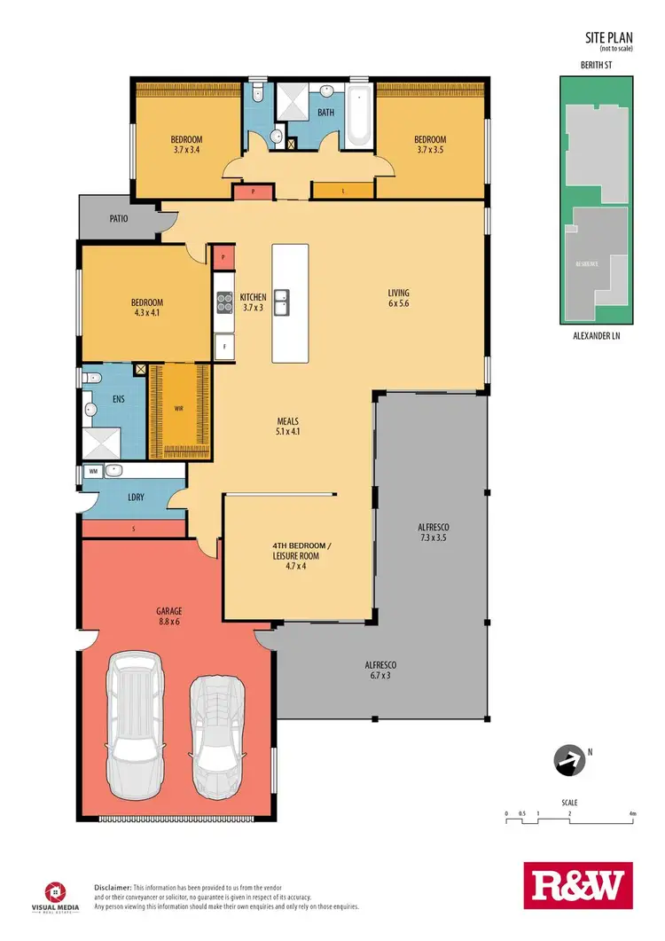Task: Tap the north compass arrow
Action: (x=568, y=759)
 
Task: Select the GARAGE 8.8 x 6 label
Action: (x=169, y=616)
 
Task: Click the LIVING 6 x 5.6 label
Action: (x=398, y=298)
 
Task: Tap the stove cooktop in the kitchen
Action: (x=223, y=302)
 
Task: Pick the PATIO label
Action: (x=120, y=217)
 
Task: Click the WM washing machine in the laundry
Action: (x=92, y=472)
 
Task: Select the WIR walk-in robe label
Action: (x=178, y=410)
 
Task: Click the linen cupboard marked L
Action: (x=342, y=190)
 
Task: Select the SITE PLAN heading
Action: (x=607, y=37)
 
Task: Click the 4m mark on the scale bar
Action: (x=632, y=812)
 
